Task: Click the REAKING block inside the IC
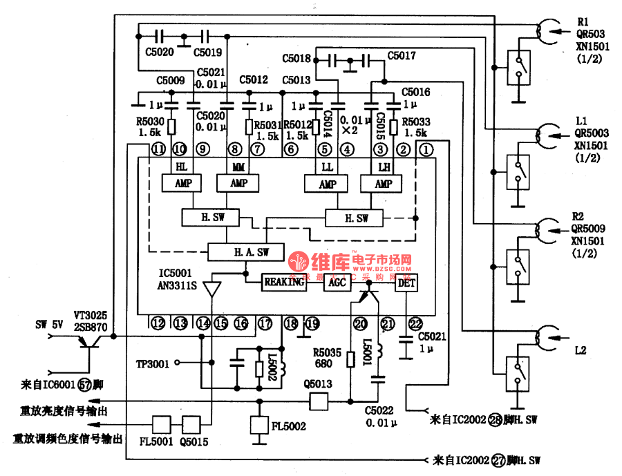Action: tap(283, 282)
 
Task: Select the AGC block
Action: tap(337, 282)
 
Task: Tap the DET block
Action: tap(406, 282)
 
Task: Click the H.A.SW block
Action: tap(246, 251)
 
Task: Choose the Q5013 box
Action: tap(319, 401)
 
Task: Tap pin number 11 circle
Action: tap(159, 149)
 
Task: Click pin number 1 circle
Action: tap(426, 149)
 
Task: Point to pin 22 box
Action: tap(415, 323)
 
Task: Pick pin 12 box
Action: tap(159, 323)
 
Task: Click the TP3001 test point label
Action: tap(153, 362)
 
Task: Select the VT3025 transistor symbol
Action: tap(91, 341)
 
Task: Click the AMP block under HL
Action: tap(181, 183)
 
